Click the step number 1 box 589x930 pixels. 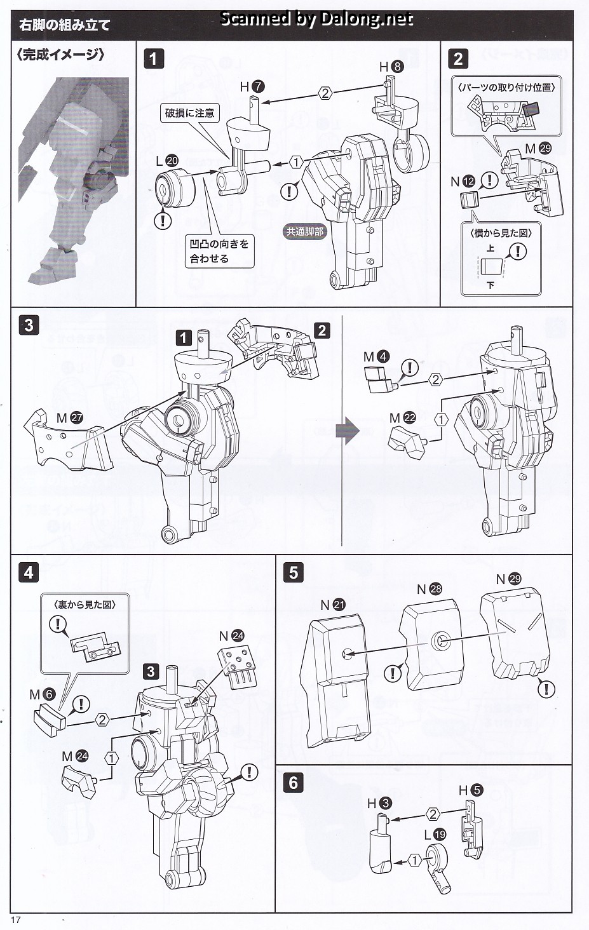154,59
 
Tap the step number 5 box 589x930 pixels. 293,572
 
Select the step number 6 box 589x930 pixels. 293,782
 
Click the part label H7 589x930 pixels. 252,87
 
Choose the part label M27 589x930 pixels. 70,418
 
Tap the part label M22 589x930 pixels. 402,418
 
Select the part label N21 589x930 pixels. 332,605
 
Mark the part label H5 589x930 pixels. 471,790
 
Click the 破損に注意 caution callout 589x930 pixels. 190,113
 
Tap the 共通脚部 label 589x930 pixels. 305,232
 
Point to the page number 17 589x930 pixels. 16,920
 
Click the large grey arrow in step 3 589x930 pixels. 348,430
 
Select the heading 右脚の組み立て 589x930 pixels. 65,25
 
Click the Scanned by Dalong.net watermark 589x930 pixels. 316,19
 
